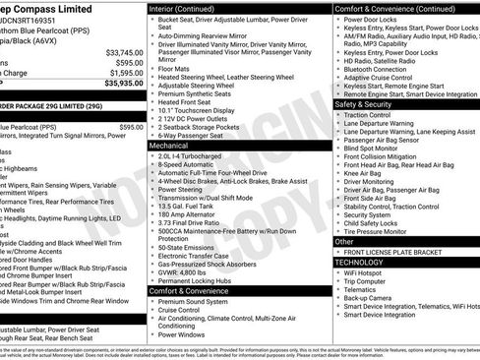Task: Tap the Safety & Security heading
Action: (363, 102)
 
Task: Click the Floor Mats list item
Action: (173, 70)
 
